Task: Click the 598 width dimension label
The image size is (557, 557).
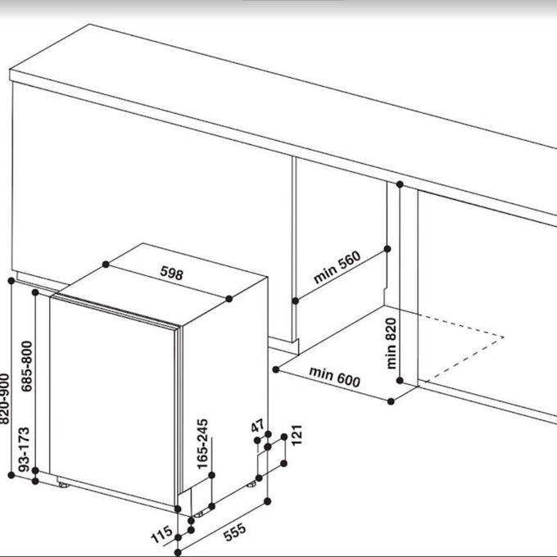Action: tap(171, 273)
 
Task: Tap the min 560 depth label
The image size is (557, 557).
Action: tap(337, 267)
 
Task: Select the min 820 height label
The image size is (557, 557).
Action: tap(391, 343)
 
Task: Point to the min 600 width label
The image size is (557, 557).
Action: tap(335, 377)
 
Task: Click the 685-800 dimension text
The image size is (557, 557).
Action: tap(27, 366)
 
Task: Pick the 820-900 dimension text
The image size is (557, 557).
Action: tap(3, 399)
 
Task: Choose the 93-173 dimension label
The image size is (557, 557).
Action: tap(24, 449)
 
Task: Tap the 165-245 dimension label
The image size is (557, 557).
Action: tap(202, 444)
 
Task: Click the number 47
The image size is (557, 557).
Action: tap(257, 425)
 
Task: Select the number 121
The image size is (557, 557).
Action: tap(297, 434)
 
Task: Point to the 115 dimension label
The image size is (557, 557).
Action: tap(161, 534)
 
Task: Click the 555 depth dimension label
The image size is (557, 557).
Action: tap(235, 532)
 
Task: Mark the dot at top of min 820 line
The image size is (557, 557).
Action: tap(400, 184)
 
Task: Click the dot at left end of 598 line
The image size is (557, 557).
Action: tap(106, 265)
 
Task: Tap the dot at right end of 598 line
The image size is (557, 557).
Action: tap(229, 299)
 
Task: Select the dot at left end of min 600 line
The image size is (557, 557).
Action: tap(276, 369)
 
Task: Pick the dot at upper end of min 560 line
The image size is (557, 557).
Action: tap(387, 249)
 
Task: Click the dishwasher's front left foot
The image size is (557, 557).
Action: tap(64, 485)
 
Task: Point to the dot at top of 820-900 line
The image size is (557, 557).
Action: tap(11, 281)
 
